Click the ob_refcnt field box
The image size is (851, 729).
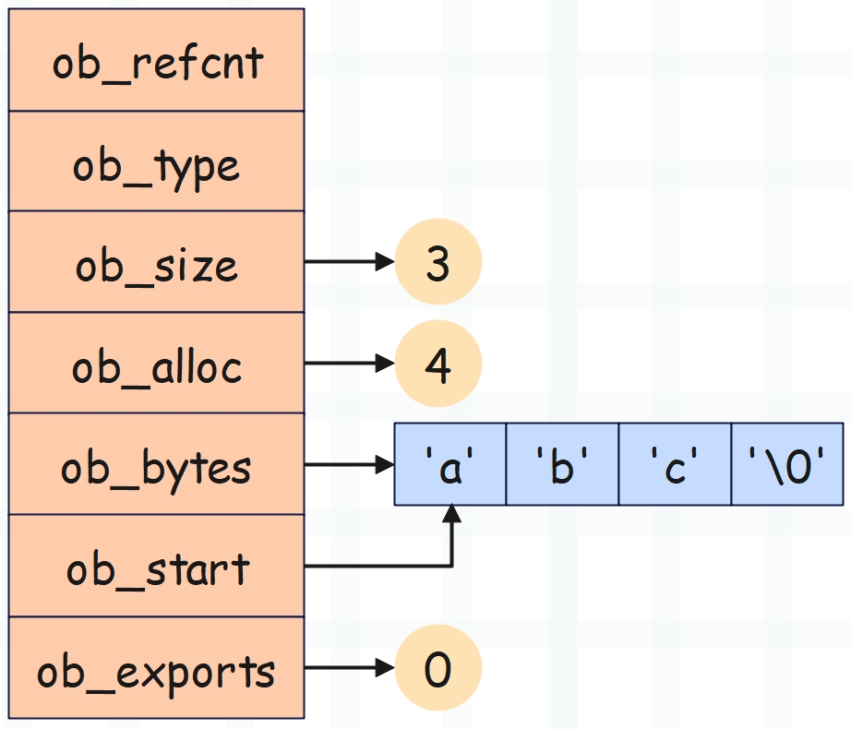click(x=156, y=60)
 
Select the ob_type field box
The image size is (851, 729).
click(x=156, y=161)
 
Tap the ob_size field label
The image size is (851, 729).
click(x=156, y=266)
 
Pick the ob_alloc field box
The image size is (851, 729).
click(x=156, y=363)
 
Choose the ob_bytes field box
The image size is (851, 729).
click(x=156, y=464)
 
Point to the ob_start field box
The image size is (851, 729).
click(x=156, y=566)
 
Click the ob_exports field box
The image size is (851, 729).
click(x=156, y=668)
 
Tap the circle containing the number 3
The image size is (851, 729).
click(x=438, y=262)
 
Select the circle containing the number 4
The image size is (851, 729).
click(x=438, y=364)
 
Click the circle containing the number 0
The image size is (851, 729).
click(x=438, y=668)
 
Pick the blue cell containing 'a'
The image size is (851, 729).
click(x=449, y=464)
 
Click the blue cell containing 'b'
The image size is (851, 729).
click(x=562, y=464)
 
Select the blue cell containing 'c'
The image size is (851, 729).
click(x=675, y=464)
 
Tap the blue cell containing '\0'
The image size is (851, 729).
click(x=787, y=464)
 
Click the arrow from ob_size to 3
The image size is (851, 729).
click(x=350, y=262)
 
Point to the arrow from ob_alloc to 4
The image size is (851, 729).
click(x=350, y=364)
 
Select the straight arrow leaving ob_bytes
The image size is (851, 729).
click(x=350, y=465)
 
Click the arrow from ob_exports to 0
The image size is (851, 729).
click(x=350, y=668)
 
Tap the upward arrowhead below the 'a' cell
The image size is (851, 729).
click(x=451, y=514)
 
